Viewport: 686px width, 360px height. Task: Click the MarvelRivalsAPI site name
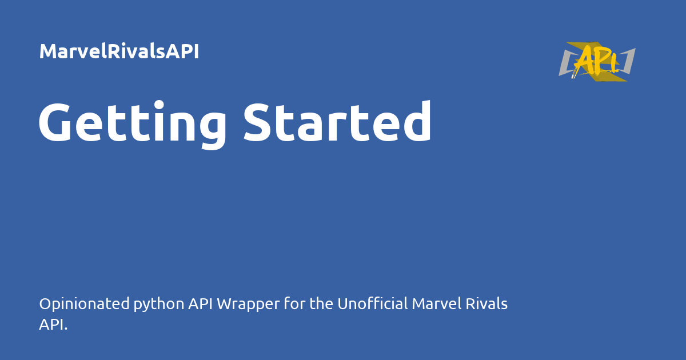click(119, 52)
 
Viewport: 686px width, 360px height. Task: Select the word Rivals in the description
click(485, 304)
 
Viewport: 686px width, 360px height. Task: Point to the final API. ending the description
click(53, 325)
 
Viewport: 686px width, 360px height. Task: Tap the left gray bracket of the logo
click(566, 63)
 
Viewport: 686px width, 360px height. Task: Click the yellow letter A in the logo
click(585, 61)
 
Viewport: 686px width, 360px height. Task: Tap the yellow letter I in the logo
click(613, 62)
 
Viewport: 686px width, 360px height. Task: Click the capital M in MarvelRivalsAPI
click(48, 52)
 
